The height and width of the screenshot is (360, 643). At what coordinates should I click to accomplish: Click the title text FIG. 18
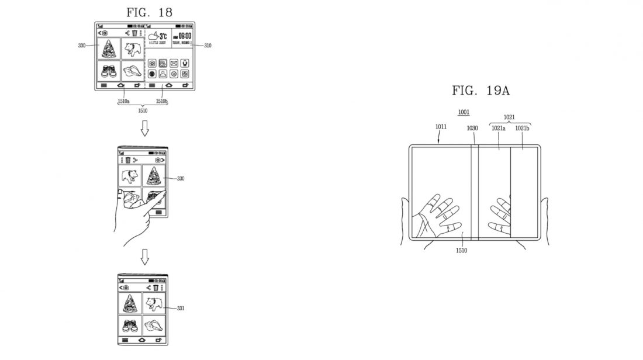[149, 12]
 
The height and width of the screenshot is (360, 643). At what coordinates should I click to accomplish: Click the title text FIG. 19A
[480, 90]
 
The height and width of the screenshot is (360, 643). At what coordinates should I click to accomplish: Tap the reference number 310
[208, 46]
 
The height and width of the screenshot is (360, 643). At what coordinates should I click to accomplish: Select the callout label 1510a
[123, 101]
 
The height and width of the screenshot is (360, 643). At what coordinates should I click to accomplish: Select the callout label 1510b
[161, 101]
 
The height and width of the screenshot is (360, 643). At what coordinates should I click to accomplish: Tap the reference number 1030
[472, 129]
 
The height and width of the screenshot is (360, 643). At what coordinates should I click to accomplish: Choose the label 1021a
[498, 129]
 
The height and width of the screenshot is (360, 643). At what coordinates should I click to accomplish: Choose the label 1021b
[522, 129]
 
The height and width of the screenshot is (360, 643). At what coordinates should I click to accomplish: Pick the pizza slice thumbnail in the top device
[109, 49]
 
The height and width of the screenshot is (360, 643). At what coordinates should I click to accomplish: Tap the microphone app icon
[185, 63]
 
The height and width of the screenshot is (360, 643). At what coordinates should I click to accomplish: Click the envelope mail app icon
[174, 63]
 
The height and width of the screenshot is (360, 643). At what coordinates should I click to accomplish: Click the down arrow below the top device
[146, 127]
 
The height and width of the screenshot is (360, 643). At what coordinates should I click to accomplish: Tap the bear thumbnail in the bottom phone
[155, 303]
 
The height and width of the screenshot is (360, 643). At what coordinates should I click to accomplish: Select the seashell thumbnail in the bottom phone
[155, 325]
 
